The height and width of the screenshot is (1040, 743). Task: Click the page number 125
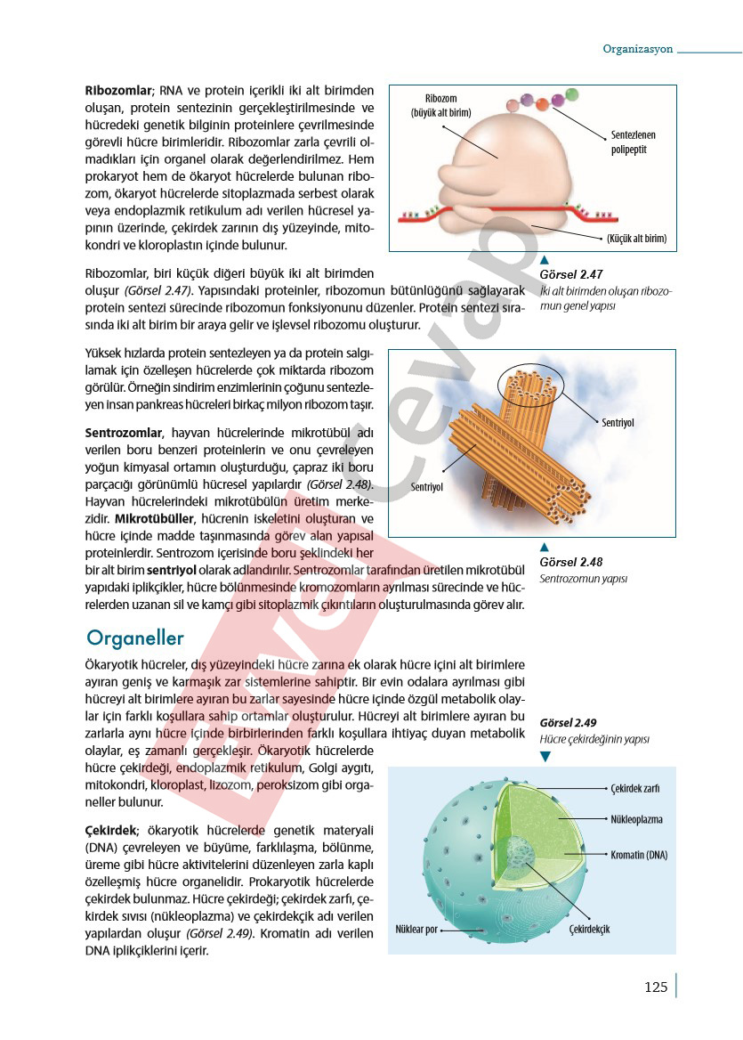point(656,987)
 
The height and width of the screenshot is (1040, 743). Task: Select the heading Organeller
point(135,638)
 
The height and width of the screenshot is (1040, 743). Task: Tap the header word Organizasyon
point(637,49)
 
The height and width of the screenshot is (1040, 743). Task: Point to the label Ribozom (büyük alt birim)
point(440,105)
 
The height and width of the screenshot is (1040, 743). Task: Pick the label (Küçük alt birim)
point(636,239)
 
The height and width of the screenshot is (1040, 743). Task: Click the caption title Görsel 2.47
point(571,275)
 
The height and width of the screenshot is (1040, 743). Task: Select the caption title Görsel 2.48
point(571,562)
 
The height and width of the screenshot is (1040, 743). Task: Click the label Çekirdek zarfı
point(635,788)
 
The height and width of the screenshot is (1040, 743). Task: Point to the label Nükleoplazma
point(637,819)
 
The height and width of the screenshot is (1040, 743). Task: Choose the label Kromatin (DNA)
point(639,855)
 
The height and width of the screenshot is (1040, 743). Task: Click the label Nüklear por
point(416,930)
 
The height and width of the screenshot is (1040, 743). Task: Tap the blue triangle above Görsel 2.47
point(545,259)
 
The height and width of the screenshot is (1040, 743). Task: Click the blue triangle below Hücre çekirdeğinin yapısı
point(545,756)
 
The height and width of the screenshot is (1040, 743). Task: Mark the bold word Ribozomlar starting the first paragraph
point(118,91)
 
